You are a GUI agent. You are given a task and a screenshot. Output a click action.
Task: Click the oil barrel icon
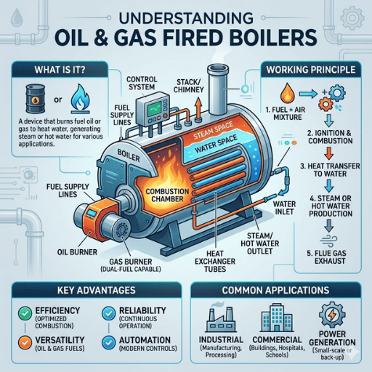[36, 99]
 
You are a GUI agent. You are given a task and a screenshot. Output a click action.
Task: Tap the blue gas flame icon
[81, 99]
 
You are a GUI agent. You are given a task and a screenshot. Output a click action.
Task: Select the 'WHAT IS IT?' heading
[60, 70]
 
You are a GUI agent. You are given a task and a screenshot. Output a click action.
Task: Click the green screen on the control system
[154, 108]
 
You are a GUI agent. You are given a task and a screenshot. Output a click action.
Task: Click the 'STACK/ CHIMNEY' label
[189, 86]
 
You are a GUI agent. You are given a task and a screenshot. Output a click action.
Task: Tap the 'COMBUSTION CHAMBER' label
[167, 195]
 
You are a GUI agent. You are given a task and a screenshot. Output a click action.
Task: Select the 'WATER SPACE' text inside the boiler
[216, 144]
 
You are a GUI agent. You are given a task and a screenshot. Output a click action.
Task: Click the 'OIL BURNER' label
[77, 252]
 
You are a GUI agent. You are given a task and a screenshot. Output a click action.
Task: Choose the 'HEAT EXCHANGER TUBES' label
[215, 262]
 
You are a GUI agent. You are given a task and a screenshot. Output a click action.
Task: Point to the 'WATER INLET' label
[284, 208]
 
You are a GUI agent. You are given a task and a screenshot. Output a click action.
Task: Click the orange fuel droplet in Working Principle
[288, 92]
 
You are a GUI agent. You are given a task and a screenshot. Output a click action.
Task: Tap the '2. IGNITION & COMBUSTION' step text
[331, 137]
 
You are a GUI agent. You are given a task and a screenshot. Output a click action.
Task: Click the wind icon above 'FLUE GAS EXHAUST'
[328, 240]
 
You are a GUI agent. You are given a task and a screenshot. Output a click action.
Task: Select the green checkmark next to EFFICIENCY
[25, 313]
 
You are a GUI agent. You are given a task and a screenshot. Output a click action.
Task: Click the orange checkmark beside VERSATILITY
[25, 342]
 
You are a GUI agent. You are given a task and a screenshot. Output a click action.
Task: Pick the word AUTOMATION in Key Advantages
[145, 340]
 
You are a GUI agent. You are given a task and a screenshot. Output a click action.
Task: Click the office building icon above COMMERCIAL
[277, 318]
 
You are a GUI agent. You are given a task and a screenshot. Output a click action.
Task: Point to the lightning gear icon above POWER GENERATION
[332, 315]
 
